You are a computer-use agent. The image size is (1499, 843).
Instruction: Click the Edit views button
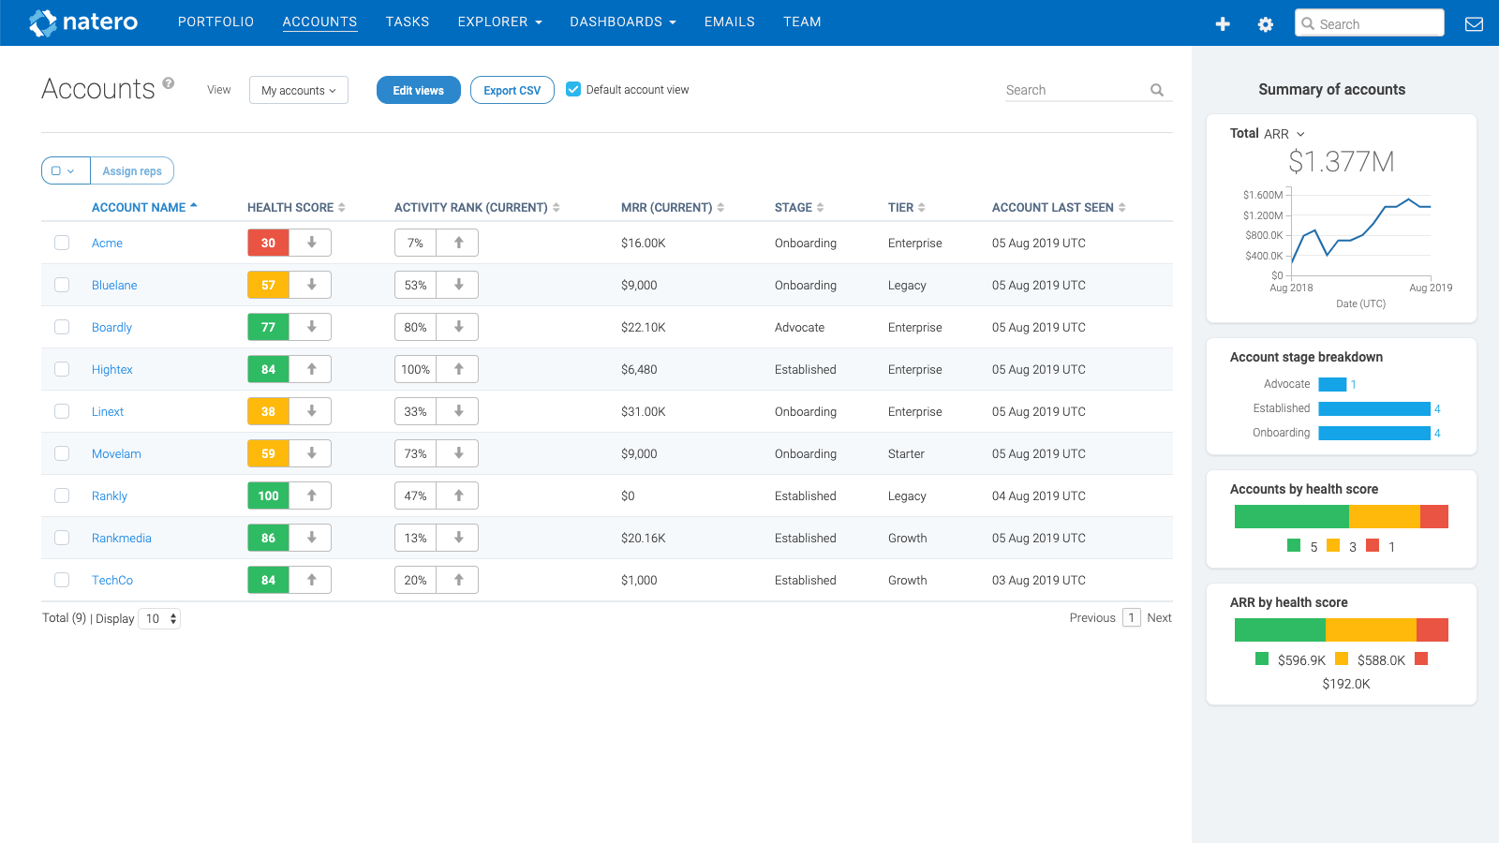(418, 91)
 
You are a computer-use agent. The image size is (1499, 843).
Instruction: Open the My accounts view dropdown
(298, 91)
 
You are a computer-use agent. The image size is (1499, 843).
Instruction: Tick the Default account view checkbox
(573, 90)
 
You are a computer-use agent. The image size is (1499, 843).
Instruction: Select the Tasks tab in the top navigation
(407, 22)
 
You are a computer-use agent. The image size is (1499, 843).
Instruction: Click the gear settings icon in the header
(1265, 24)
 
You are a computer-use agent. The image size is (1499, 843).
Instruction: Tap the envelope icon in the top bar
(1474, 24)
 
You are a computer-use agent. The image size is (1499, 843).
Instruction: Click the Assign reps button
(132, 171)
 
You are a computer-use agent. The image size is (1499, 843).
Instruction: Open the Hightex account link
(112, 370)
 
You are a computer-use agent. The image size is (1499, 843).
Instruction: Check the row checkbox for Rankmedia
(62, 538)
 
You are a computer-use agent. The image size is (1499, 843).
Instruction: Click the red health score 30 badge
(268, 244)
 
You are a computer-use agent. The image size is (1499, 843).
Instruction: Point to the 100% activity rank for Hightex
(415, 370)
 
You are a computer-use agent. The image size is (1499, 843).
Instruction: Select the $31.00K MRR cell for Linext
(644, 412)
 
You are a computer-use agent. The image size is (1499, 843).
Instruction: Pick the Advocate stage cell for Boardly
(799, 328)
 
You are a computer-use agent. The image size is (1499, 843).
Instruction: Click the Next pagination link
(1159, 618)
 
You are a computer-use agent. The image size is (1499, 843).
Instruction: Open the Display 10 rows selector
(159, 619)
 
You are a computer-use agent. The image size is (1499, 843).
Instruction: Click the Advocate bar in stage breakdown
(1331, 384)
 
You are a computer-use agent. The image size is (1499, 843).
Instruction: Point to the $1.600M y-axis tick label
(1262, 195)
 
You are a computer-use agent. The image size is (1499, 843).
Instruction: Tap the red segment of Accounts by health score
(1433, 516)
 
